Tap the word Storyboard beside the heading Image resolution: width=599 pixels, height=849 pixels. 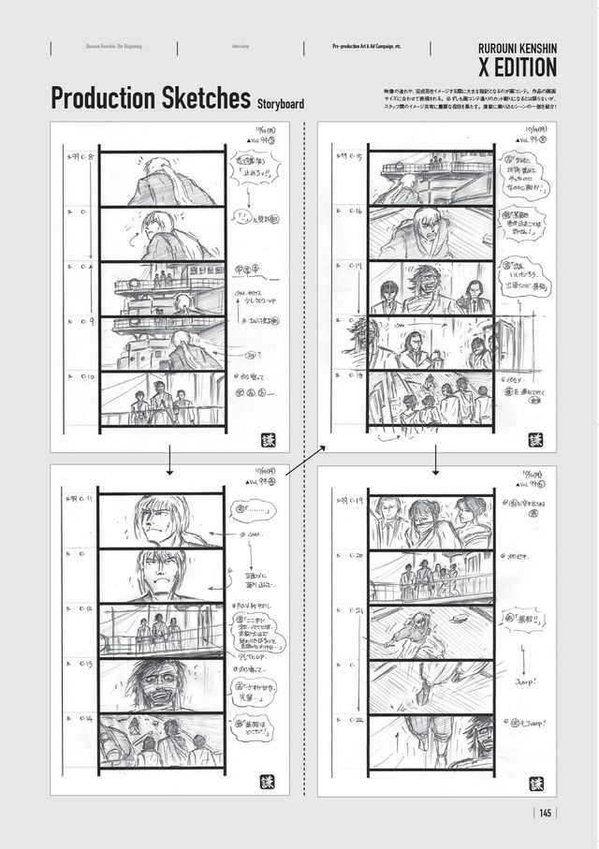tap(280, 104)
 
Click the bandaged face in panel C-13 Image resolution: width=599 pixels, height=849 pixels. tap(150, 685)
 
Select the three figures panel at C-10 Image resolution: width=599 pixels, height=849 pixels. tap(161, 400)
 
